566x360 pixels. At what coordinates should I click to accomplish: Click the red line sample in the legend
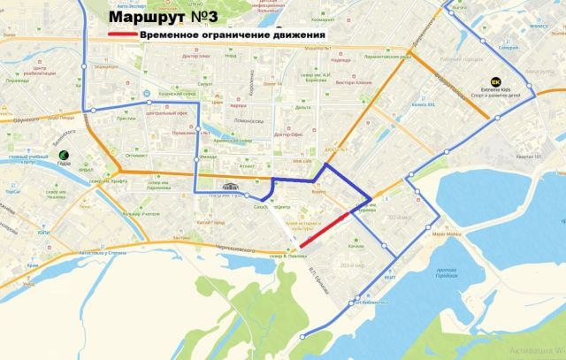(121, 34)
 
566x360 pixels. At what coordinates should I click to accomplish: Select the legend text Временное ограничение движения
(233, 34)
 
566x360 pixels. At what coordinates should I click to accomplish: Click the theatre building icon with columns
(233, 187)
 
